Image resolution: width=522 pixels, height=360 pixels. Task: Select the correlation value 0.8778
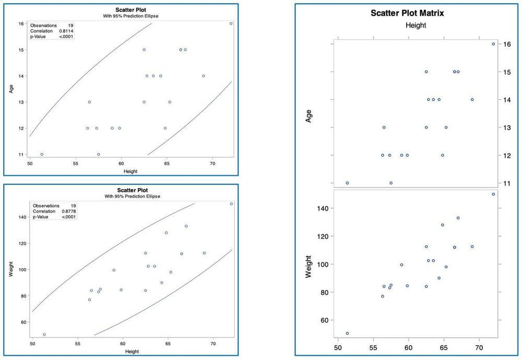69,211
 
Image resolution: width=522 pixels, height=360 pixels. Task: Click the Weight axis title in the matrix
309,266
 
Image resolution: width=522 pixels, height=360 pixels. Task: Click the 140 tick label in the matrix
322,208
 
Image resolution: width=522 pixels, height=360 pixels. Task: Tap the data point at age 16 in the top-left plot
231,24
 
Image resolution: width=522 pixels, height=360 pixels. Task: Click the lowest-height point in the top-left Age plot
42,154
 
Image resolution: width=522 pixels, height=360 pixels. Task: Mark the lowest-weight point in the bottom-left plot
44,334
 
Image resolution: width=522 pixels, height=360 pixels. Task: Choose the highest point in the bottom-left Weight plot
231,204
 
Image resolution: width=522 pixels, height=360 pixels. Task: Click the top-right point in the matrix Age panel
493,44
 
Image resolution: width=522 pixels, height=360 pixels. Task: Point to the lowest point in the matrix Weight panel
347,333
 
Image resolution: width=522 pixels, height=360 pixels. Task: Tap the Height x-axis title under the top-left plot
130,171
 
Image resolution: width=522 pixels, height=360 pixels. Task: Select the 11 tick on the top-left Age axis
21,155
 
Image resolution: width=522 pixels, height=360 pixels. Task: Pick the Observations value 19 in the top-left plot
70,25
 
